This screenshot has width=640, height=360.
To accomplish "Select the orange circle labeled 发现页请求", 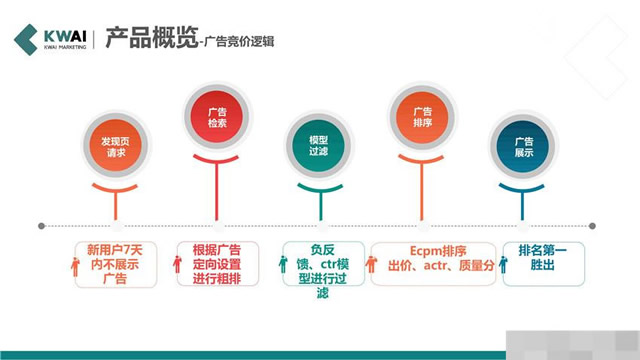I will click(x=116, y=149).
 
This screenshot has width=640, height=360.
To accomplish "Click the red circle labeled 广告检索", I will click(x=218, y=118).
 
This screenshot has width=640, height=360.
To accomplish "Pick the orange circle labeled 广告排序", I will click(x=422, y=118).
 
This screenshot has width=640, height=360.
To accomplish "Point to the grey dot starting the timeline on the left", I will click(x=42, y=225).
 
